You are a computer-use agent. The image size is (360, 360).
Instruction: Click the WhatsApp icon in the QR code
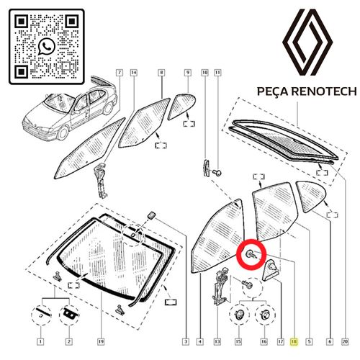[x=47, y=47]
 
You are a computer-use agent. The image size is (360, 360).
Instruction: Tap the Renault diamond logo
[x=307, y=42]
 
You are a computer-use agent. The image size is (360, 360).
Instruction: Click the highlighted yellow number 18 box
[x=294, y=341]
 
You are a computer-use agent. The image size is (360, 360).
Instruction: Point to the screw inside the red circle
[x=251, y=254]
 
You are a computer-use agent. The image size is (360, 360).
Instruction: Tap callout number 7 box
[x=120, y=73]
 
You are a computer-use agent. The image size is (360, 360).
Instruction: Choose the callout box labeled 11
[x=217, y=73]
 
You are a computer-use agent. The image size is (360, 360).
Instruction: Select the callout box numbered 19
[x=101, y=341]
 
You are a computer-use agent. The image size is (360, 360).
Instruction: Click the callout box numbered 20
[x=345, y=341]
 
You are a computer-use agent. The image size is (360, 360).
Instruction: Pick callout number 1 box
[x=40, y=341]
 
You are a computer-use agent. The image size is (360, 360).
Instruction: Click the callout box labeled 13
[x=217, y=341]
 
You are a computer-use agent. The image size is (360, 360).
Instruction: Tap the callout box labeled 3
[x=186, y=341]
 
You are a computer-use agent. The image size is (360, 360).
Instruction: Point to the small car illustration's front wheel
[x=63, y=133]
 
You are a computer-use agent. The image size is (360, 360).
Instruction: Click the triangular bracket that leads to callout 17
[x=271, y=271]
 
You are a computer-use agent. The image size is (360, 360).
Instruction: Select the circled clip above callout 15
[x=239, y=315]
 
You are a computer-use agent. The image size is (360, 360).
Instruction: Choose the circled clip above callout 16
[x=265, y=315]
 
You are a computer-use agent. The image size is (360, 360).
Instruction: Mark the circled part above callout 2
[x=69, y=315]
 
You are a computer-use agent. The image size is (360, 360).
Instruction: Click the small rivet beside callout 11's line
[x=217, y=173]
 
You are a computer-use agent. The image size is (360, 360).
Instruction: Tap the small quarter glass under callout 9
[x=181, y=106]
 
